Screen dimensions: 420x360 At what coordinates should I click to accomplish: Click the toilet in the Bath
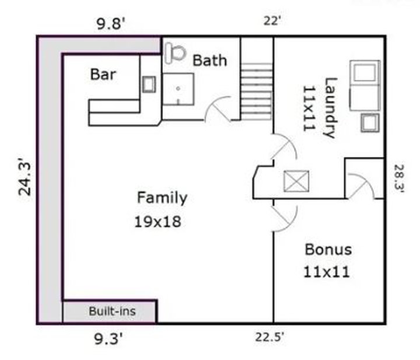coord(175,54)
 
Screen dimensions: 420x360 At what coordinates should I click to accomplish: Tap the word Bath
coord(210,60)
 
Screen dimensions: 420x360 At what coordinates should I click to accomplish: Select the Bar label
coord(103,74)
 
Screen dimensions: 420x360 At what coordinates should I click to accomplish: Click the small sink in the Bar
coord(149,85)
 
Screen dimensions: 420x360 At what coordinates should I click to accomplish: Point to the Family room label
coord(162,198)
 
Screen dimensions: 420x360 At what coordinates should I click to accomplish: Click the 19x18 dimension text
coord(157,222)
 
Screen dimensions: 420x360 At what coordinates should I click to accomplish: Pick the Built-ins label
coord(112,311)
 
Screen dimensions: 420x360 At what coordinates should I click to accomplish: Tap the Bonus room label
coord(328,250)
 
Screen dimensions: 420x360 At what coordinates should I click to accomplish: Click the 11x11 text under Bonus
coord(327,272)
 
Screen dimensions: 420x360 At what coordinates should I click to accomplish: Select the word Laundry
coord(330,108)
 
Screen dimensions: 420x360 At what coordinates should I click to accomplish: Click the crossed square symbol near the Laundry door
coord(296,181)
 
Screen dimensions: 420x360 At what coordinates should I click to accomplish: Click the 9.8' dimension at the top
coord(111,25)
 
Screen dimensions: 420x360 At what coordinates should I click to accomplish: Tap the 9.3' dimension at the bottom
coord(108,339)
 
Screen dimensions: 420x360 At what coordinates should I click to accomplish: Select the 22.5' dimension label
coord(269,337)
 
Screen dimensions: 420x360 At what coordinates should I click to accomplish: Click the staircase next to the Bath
coord(257,92)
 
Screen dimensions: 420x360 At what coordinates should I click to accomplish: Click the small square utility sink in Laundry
coord(370,123)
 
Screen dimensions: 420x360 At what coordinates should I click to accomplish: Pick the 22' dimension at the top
coord(272,21)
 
